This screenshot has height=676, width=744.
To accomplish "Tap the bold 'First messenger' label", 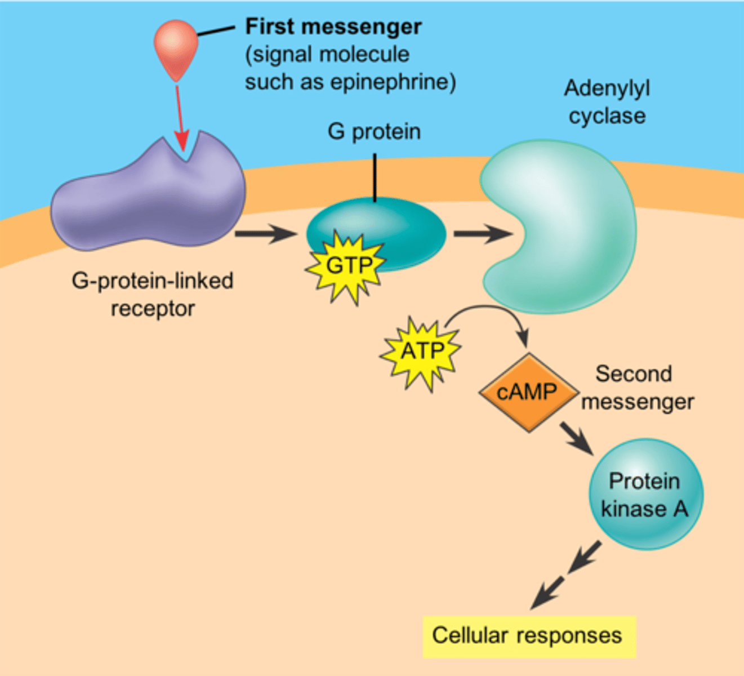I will point(333,26).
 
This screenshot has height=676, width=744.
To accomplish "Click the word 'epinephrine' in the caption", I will point(392,82).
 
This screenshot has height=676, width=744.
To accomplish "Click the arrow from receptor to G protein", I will point(265,233).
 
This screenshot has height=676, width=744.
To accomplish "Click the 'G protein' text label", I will point(374,132).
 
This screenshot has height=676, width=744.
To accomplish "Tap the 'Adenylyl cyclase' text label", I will point(607,102).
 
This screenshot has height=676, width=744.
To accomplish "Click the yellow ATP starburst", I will point(421,352).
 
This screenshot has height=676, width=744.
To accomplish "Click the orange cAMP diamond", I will point(528,392).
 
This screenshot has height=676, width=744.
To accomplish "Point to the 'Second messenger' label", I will point(636,388).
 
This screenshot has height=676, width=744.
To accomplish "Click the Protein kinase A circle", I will point(645,495).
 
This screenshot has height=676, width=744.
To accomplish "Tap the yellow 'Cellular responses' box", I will point(528,636).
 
